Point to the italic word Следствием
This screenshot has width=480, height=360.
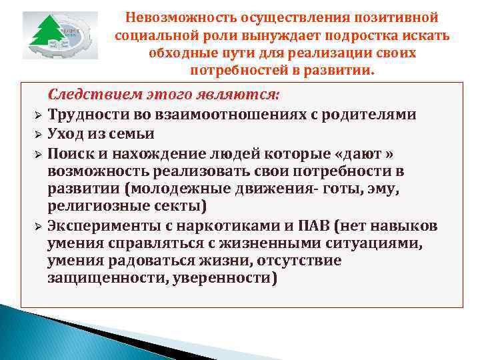tap(87, 95)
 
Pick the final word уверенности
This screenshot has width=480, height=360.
tap(222, 279)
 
